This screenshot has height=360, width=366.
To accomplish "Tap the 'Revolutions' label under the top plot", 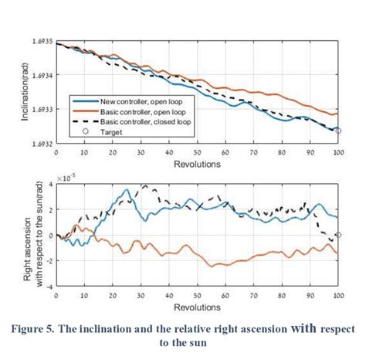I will click(198, 164).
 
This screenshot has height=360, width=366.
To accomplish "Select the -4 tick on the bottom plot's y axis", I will click(49, 286).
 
